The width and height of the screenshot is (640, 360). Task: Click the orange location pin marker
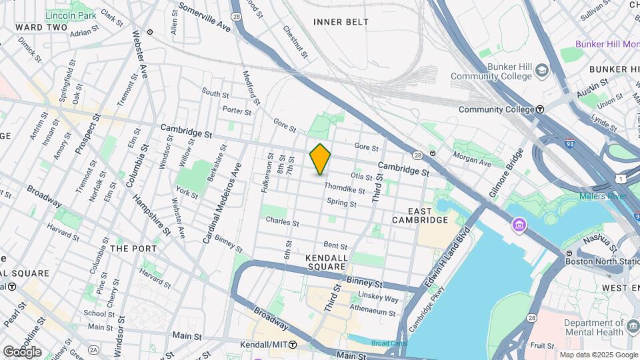tap(321, 159)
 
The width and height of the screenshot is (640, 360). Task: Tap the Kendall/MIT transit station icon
tap(293, 345)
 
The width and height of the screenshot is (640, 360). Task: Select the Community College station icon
tap(540, 109)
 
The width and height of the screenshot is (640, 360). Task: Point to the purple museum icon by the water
tap(519, 227)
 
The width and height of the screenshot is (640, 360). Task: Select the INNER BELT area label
tap(341, 22)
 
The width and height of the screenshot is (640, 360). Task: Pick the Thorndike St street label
tap(344, 190)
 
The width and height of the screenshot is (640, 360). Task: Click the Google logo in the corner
tap(22, 351)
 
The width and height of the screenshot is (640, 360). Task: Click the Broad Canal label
tap(387, 343)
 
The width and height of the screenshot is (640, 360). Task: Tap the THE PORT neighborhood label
tap(133, 248)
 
